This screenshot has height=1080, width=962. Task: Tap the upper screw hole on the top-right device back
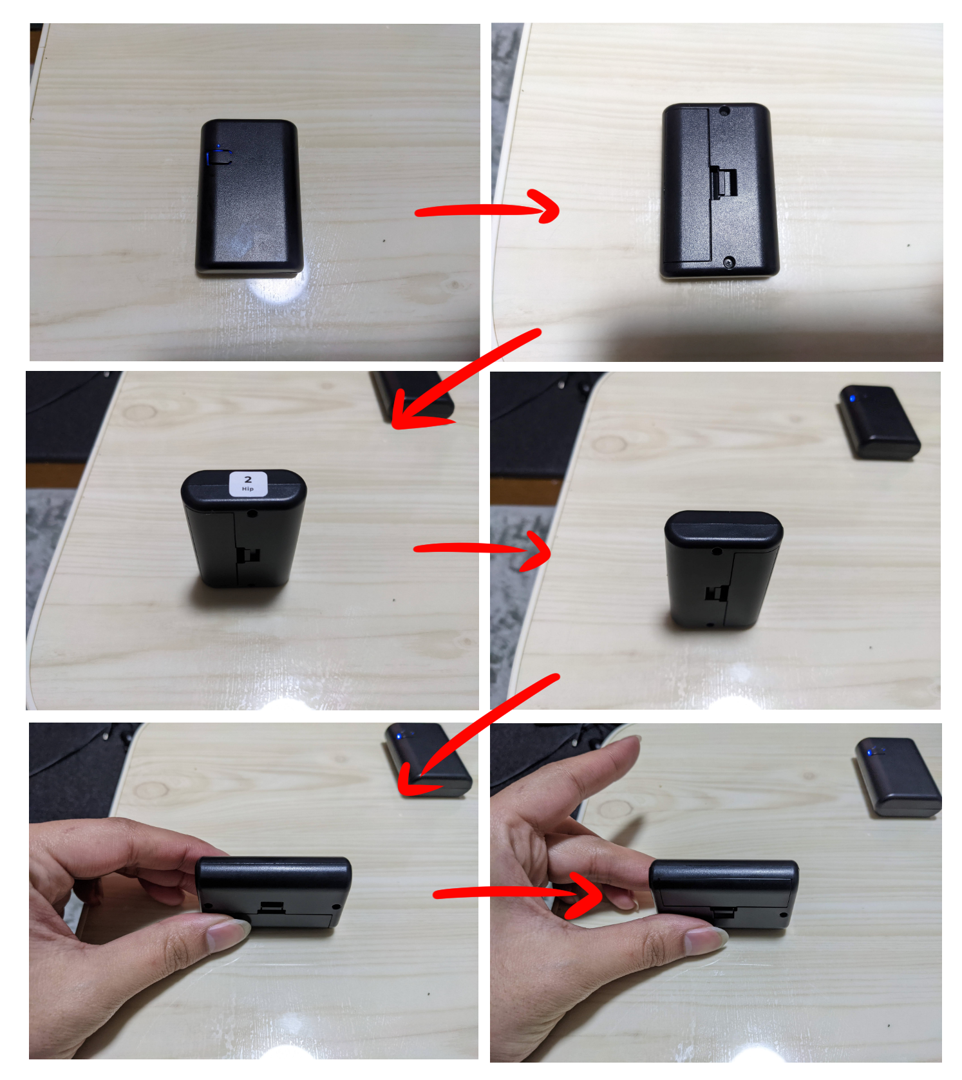coord(724,111)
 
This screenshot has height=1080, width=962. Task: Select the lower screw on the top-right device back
coord(729,262)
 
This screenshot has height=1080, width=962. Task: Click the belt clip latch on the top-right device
coord(724,183)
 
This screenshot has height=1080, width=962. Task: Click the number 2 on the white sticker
coord(248,479)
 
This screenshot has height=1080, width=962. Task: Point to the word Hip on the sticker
coord(248,489)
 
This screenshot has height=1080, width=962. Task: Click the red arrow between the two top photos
coord(487,207)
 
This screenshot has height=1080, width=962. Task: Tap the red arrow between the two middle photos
coord(483,549)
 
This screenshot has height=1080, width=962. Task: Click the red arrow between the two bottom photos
coord(519,893)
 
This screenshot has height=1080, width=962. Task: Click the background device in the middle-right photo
coord(879,422)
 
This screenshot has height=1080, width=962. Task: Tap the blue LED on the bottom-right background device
coord(872,752)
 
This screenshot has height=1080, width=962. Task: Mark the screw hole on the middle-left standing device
coord(252,513)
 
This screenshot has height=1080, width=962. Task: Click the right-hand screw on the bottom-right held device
coord(784,914)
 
